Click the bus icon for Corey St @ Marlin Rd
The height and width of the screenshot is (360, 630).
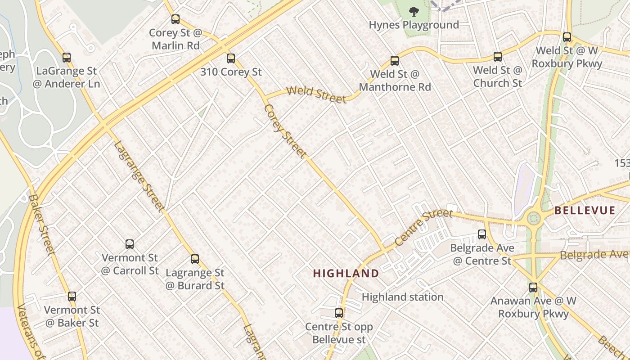click(175, 19)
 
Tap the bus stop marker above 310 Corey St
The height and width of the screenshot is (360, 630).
click(231, 58)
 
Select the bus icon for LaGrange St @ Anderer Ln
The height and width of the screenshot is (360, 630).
click(67, 57)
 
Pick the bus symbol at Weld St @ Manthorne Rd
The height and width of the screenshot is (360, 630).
click(395, 60)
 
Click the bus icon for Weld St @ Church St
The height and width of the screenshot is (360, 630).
click(497, 56)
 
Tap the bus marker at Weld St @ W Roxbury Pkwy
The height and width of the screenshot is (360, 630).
click(567, 37)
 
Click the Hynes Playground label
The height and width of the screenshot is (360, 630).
click(414, 25)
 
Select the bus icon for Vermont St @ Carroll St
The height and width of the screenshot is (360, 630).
click(130, 244)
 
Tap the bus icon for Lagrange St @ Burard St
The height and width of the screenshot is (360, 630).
click(195, 259)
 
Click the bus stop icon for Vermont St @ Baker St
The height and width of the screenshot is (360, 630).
click(72, 297)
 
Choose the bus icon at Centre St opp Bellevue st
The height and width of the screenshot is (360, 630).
click(339, 313)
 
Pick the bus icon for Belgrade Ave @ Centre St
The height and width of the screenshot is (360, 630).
click(482, 234)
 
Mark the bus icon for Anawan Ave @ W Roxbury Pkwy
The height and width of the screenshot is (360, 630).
click(533, 287)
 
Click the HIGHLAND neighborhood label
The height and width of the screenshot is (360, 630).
click(346, 273)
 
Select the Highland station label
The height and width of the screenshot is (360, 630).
click(403, 297)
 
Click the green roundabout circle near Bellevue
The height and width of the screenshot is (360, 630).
click(534, 219)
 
